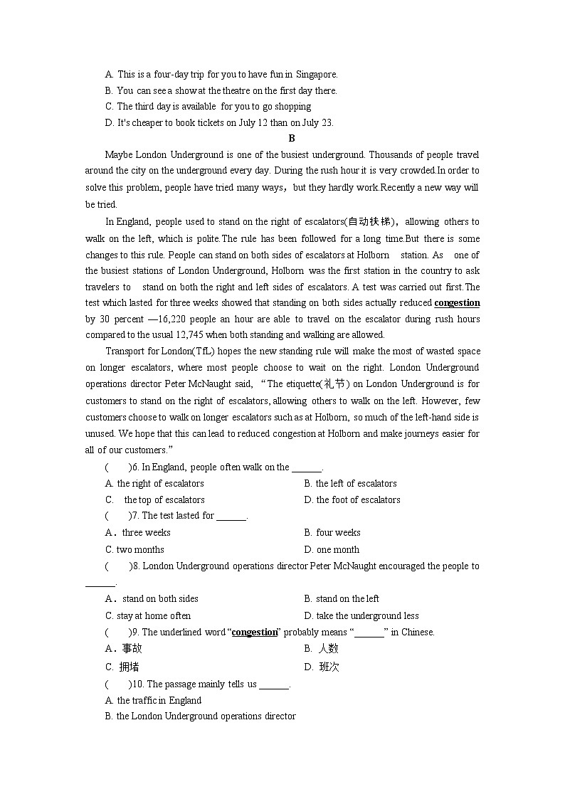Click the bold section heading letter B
tap(292, 139)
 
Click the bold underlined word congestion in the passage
tap(457, 303)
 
